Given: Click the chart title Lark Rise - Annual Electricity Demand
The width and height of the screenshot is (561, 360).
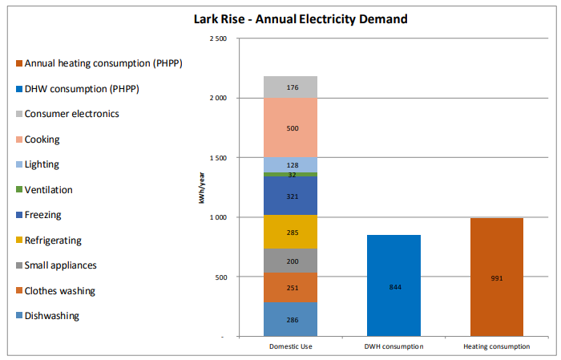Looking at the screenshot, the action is coord(301,19).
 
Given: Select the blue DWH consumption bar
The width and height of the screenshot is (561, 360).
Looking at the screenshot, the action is coord(394,285).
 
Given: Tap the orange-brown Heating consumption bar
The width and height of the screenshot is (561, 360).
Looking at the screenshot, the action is coord(497,277).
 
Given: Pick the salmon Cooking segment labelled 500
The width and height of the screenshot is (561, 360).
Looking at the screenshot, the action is coord(290,127).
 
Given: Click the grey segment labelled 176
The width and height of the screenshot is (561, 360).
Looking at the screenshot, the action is coord(290,87).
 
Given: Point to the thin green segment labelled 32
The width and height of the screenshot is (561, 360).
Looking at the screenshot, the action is coord(290,174).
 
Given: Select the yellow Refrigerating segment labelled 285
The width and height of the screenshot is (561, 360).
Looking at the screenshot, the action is coord(290,232).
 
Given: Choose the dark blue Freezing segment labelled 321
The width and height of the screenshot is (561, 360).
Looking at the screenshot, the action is coord(290,196).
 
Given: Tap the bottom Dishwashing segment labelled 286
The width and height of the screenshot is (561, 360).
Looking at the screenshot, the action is coord(290,319).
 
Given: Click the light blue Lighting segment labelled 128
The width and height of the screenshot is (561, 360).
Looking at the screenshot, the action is coord(290,165).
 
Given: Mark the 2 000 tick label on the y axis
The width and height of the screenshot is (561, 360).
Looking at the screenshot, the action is coord(218,98).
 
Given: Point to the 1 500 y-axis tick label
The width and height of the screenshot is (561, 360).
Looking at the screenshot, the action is coord(218,158).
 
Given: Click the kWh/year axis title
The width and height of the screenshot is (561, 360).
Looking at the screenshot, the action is coord(202,188).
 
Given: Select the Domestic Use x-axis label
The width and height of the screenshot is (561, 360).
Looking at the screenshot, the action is coord(290,346).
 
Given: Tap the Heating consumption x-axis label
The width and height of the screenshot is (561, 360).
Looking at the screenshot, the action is coord(497,346).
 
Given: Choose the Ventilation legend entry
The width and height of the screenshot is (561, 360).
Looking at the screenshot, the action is coord(44,190).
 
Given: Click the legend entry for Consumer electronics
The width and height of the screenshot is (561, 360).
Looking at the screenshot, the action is coord(67,114).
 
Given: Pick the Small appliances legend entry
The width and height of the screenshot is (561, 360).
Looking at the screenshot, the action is coord(57,265).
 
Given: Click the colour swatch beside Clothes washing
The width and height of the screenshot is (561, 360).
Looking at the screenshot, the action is coord(19,290).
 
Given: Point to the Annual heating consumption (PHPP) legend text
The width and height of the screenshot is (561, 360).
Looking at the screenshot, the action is coord(103,63).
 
